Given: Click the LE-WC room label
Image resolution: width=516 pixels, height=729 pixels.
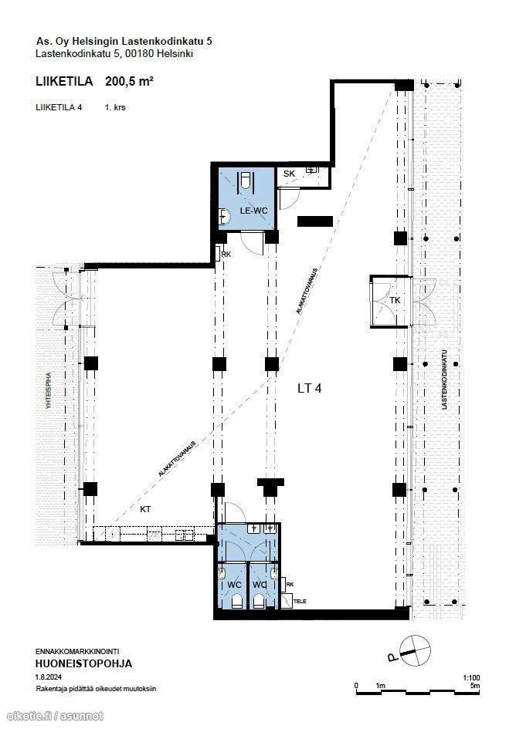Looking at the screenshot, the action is (x=253, y=211).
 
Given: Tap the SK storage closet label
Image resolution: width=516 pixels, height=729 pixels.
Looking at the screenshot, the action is (x=289, y=174).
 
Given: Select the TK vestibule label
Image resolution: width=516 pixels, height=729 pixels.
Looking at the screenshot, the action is (x=395, y=300).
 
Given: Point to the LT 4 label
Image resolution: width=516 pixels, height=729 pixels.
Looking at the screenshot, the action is (x=309, y=388).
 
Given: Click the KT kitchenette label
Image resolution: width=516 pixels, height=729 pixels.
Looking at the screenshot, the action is (x=145, y=510).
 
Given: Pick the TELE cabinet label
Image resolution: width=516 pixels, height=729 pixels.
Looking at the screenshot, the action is (x=300, y=601).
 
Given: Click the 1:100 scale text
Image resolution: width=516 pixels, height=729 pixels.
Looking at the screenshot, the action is (x=471, y=678).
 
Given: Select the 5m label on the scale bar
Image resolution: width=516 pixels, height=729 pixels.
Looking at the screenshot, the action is (x=475, y=686).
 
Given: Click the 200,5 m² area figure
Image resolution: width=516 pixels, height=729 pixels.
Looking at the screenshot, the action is (x=130, y=81).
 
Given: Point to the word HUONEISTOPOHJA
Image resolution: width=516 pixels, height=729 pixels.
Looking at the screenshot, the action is (x=84, y=663).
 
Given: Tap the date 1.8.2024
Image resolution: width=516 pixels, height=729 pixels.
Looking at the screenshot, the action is (x=49, y=677).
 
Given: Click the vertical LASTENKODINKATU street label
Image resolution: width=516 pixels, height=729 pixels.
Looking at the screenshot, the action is (x=444, y=380).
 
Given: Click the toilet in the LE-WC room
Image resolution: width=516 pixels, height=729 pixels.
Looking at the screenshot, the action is (x=246, y=181).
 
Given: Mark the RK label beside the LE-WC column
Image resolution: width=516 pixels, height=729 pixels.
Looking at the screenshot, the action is (x=226, y=255).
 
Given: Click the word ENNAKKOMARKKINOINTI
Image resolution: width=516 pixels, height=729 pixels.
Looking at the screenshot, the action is (x=73, y=652).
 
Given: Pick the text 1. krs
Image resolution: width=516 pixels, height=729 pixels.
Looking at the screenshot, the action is (x=115, y=107).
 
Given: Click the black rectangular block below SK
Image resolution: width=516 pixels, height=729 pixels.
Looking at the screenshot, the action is (x=315, y=221).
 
